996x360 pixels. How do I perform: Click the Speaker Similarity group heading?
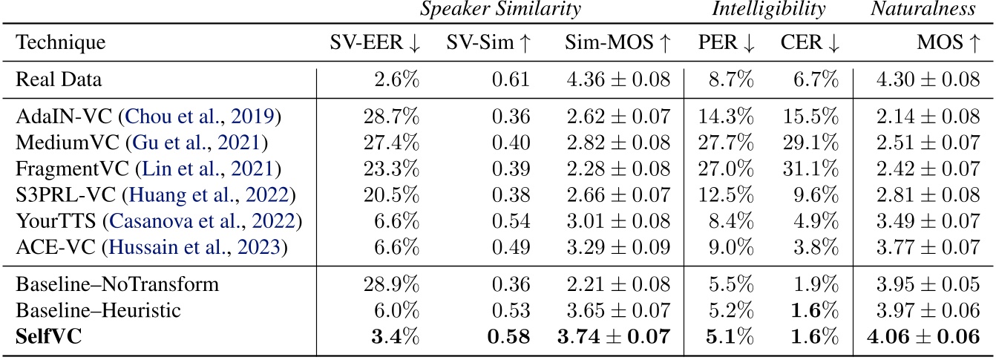pyautogui.click(x=499, y=10)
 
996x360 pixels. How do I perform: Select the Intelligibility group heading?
pyautogui.click(x=769, y=10)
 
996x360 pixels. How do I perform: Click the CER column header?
pyautogui.click(x=810, y=43)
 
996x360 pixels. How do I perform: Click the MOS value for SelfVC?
pyautogui.click(x=922, y=337)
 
